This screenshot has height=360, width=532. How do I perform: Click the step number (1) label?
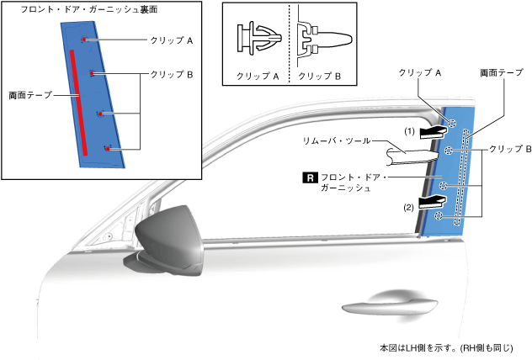pos(410,131)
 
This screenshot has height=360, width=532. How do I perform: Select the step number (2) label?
pos(410,206)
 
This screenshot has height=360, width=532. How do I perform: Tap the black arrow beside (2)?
pos(434,201)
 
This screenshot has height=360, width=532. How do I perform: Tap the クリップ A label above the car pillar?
pos(421,73)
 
